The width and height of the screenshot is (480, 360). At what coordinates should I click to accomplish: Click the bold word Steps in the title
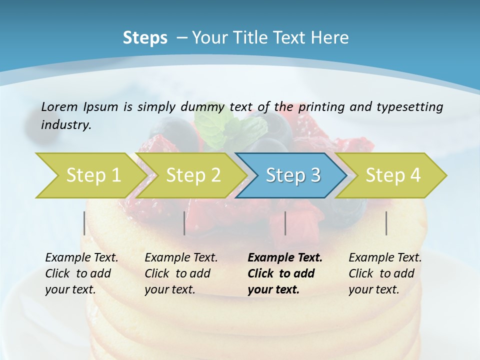145,38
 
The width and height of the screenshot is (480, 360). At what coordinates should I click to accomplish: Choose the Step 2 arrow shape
193,175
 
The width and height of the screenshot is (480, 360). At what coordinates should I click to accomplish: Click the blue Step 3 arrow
293,175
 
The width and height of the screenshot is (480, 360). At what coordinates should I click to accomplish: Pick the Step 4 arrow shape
393,175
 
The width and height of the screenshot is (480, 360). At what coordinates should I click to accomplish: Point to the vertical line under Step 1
84,223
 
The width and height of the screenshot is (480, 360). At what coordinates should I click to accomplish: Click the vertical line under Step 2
184,223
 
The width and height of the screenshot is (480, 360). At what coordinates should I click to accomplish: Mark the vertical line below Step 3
285,223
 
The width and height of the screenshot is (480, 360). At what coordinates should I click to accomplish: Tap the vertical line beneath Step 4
386,223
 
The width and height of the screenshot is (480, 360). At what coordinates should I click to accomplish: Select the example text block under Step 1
81,273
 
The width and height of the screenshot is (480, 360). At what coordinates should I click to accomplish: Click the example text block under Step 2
181,273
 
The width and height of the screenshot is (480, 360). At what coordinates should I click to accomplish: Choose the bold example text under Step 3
285,273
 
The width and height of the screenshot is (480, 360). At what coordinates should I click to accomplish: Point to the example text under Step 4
385,273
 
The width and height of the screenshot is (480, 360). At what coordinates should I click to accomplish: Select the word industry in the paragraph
65,125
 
